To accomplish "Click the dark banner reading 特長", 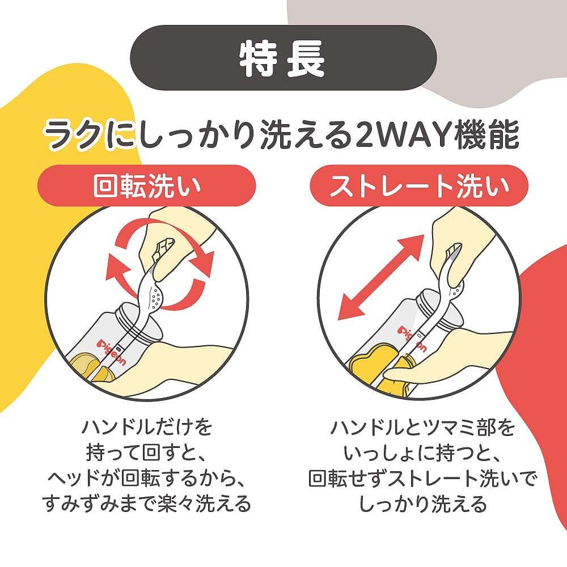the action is click(283, 57).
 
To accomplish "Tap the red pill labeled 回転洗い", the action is click(146, 185).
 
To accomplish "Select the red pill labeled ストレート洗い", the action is click(419, 185).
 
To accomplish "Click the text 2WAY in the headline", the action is click(401, 136).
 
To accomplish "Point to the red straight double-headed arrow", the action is click(380, 277).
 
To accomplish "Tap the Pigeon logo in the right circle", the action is click(412, 338).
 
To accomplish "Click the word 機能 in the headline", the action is click(488, 136).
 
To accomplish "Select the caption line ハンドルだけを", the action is click(146, 428).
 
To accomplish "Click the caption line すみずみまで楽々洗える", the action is click(146, 504).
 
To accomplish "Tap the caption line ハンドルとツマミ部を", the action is click(422, 428).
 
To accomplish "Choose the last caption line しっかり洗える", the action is click(422, 504).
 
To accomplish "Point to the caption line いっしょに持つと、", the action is click(422, 454).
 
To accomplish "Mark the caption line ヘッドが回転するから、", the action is click(146, 479).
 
